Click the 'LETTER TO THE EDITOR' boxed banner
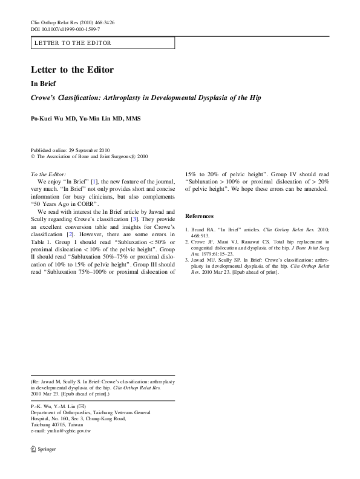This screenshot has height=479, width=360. (x=102, y=43)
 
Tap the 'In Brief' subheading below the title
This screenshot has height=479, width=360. (x=44, y=84)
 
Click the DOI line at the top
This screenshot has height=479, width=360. (x=65, y=29)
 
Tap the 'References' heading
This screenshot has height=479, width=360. (x=199, y=216)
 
